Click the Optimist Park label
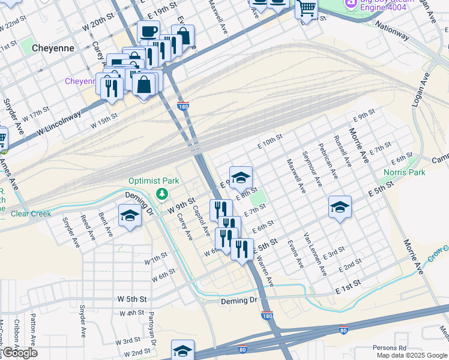point(154,181)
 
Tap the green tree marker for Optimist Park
point(161,193)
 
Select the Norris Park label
point(403,172)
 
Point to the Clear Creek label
point(28,213)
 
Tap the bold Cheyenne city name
point(53,48)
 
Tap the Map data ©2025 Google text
point(412,355)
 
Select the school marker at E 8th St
point(241,176)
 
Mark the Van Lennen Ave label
point(315,254)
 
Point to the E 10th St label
point(270,142)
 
